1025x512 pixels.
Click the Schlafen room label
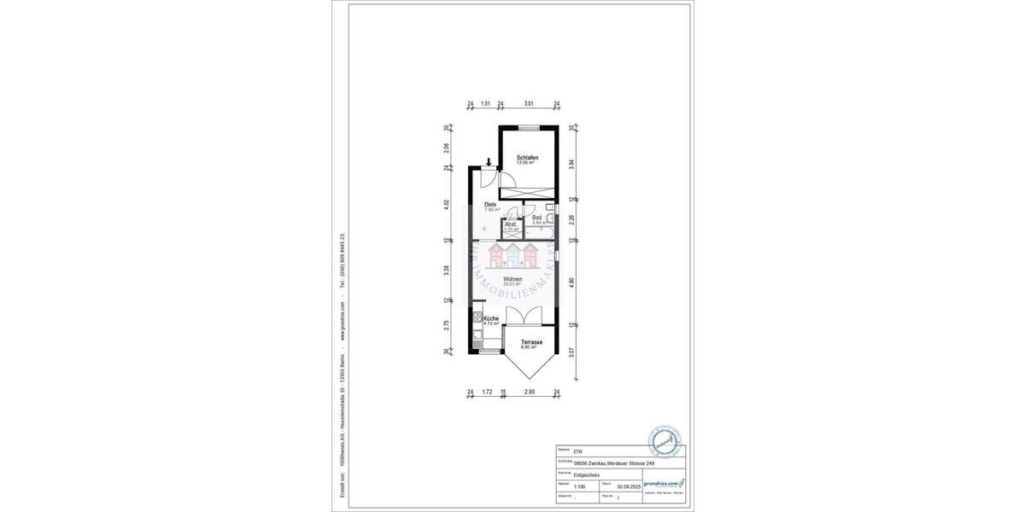(x=527, y=158)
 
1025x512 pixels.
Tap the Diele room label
(x=490, y=205)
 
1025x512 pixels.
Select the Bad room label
(x=537, y=218)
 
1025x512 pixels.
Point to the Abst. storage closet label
(x=511, y=224)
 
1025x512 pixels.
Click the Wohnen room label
(x=512, y=279)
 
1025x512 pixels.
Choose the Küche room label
(x=490, y=318)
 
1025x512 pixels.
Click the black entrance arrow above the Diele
(x=488, y=162)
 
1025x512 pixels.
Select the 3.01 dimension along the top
(x=529, y=104)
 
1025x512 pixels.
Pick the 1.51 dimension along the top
(x=485, y=104)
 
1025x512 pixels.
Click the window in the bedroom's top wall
(x=529, y=127)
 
